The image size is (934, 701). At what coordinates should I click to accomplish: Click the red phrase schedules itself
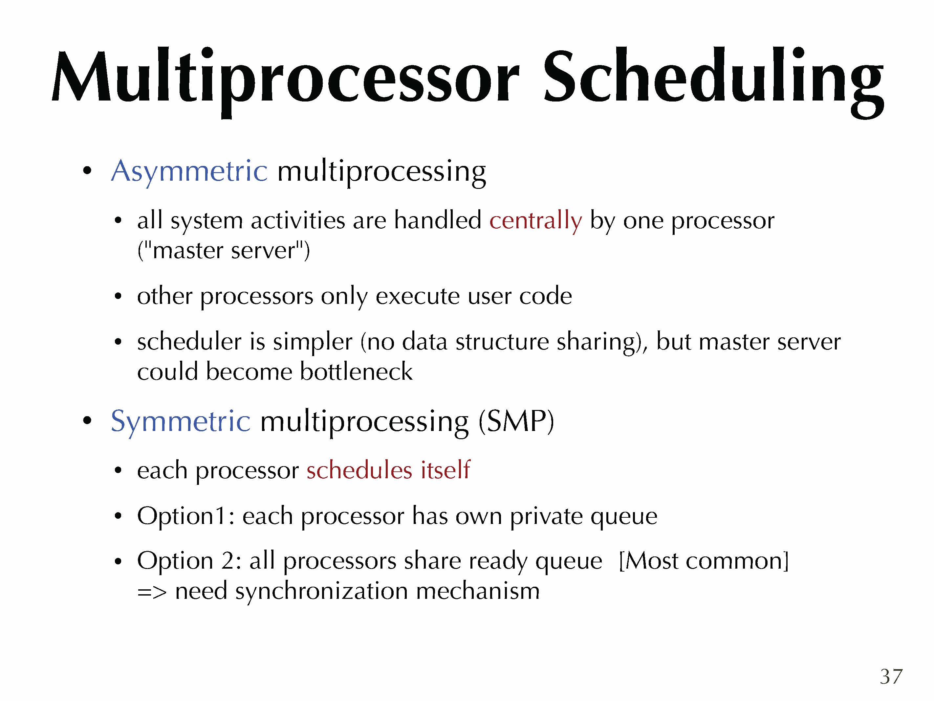pyautogui.click(x=388, y=470)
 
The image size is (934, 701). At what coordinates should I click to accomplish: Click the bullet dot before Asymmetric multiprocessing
pyautogui.click(x=87, y=171)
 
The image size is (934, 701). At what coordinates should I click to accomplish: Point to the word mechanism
pyautogui.click(x=478, y=591)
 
